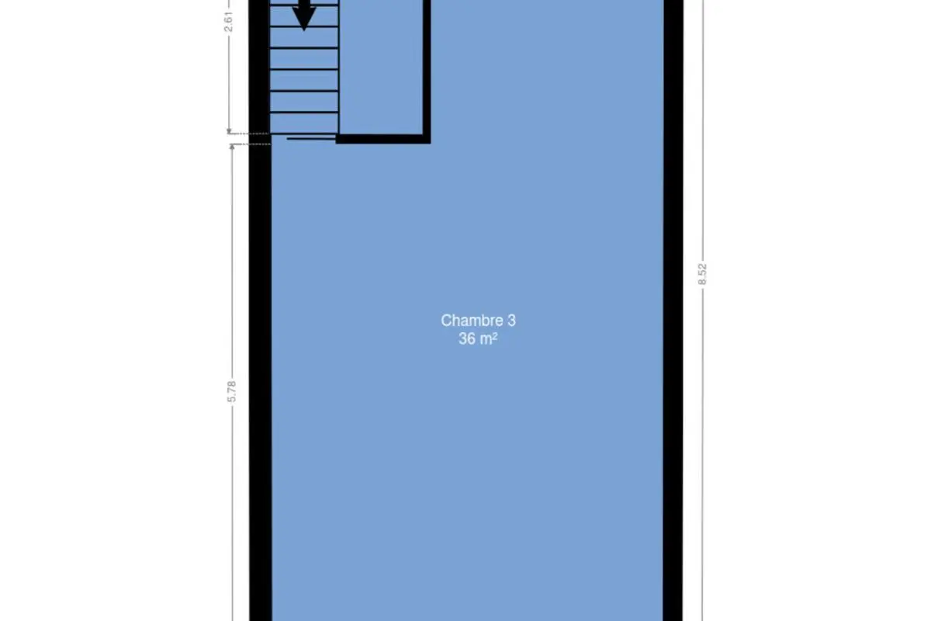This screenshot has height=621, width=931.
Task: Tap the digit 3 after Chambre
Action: click(x=511, y=321)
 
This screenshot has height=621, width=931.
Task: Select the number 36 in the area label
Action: click(x=467, y=339)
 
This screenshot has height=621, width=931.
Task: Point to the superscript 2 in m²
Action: click(x=495, y=335)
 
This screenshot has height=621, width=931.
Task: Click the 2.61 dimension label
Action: click(x=229, y=22)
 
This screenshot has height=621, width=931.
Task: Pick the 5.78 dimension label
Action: click(x=231, y=391)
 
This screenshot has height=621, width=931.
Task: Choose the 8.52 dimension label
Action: click(x=702, y=274)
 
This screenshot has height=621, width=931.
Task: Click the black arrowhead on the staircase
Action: click(x=304, y=19)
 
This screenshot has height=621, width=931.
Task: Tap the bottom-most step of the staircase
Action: click(x=304, y=123)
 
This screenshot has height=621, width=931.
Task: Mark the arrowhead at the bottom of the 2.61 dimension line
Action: click(x=229, y=131)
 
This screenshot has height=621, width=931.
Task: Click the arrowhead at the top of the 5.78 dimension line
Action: click(x=232, y=147)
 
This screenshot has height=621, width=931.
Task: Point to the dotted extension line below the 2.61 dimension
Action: click(x=248, y=134)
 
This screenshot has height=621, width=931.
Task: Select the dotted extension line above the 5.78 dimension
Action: click(x=251, y=144)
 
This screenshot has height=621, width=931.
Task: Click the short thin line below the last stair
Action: click(x=311, y=138)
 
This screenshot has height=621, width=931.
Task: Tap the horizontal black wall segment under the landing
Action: click(x=383, y=140)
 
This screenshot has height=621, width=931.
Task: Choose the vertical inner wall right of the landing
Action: click(x=427, y=68)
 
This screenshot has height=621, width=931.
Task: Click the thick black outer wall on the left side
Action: click(x=260, y=310)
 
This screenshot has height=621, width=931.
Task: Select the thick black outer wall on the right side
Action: click(x=673, y=310)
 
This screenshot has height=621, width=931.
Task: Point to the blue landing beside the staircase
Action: click(x=381, y=67)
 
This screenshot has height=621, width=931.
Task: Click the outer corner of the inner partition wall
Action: click(x=431, y=144)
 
